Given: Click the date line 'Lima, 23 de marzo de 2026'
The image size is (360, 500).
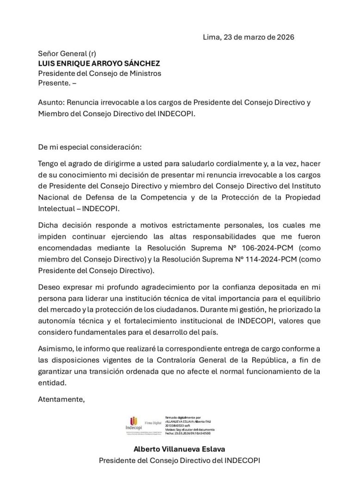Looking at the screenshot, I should click(x=248, y=37).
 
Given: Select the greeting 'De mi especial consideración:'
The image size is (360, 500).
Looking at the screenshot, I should click(x=90, y=147).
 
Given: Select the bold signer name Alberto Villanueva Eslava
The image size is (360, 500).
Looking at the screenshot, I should click(x=180, y=449).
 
